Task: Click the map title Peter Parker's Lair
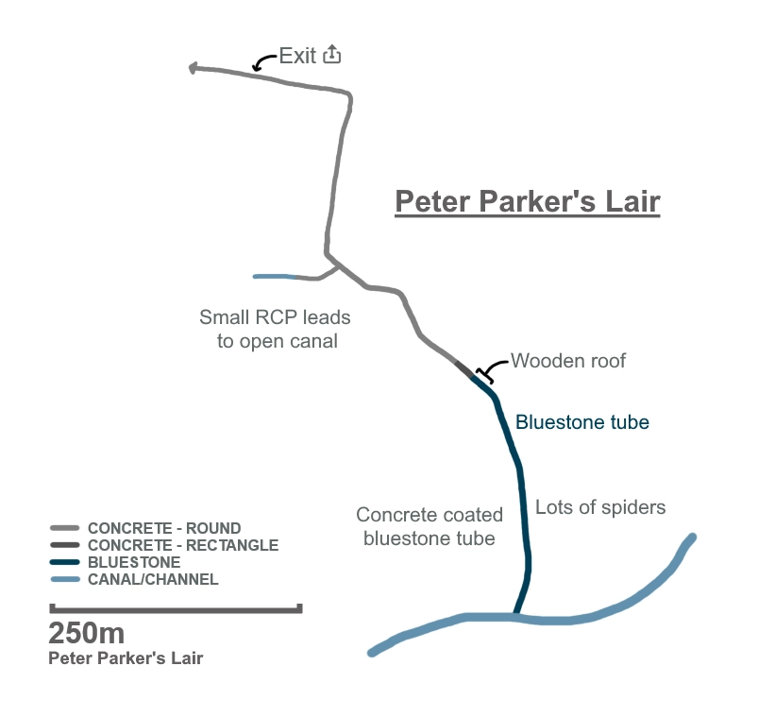coord(527,201)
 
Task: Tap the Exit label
coord(297,56)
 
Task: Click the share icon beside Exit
coord(331,55)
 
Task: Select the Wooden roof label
coord(568,361)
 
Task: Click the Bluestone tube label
coord(582,422)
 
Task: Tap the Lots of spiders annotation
coord(600,507)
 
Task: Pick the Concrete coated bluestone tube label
coord(430,527)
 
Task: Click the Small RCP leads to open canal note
coord(275,329)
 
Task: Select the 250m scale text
coord(86,634)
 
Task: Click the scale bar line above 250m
coord(176,609)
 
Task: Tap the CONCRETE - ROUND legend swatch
coord(64,529)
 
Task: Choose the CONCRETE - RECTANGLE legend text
coord(182,545)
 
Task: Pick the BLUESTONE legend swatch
coord(64,562)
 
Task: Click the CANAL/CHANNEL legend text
coord(153,579)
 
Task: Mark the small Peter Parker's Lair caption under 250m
coord(126,658)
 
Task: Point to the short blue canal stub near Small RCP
coord(275,277)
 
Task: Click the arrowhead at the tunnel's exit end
coord(194,68)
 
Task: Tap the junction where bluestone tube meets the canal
coord(514,617)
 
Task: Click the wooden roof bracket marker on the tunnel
coord(484,375)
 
